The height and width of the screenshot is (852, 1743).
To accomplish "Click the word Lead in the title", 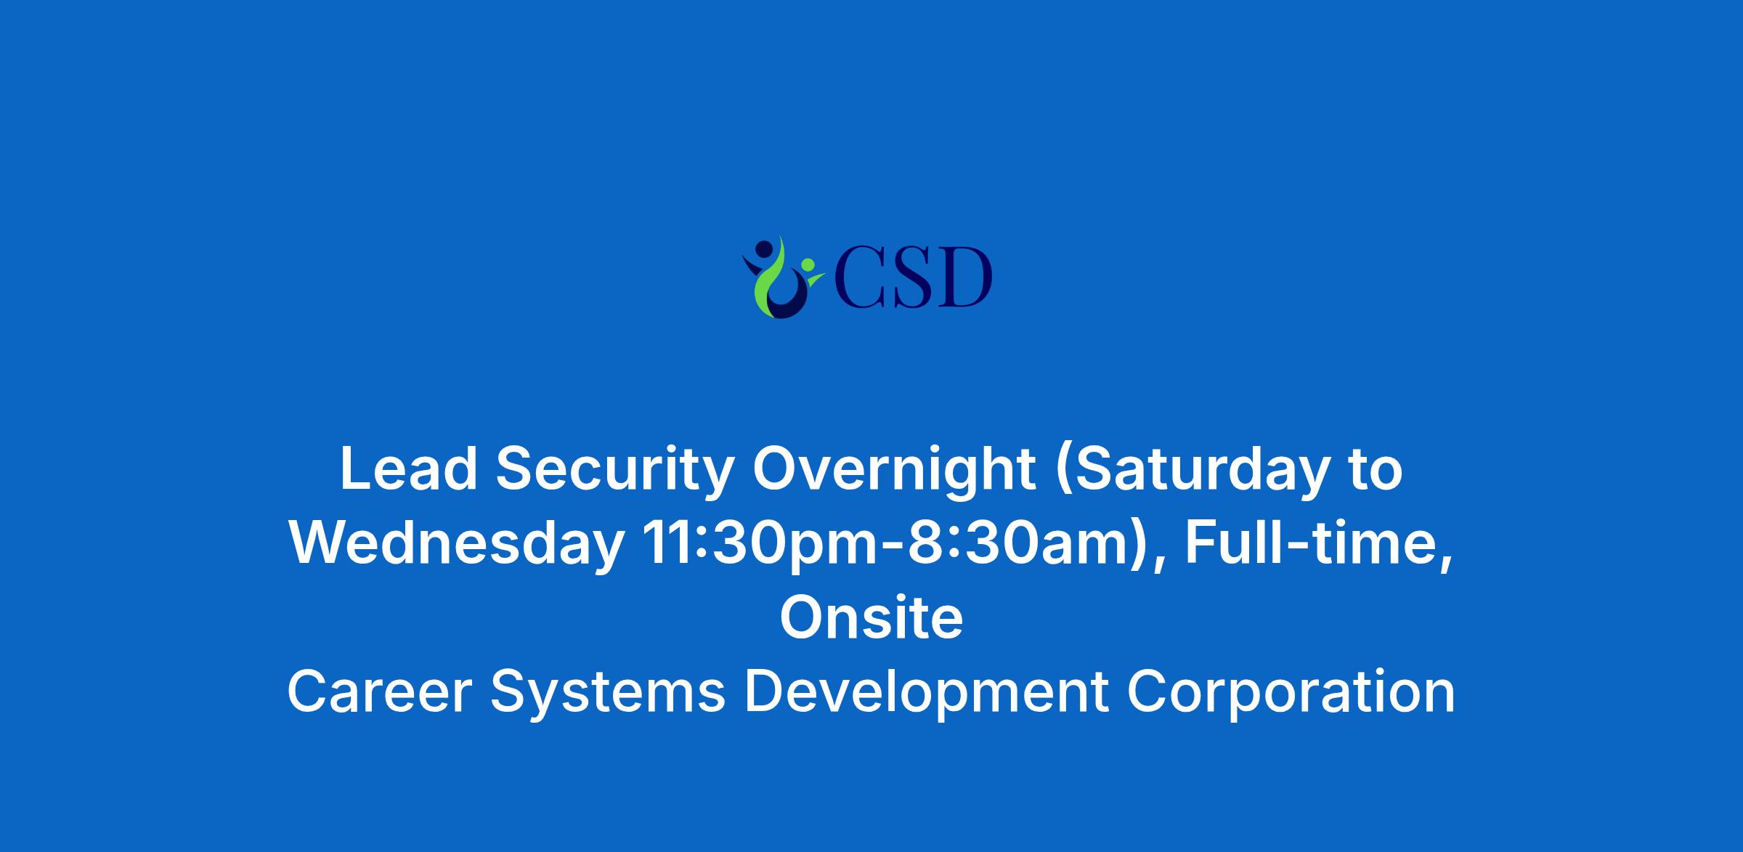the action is tap(408, 468).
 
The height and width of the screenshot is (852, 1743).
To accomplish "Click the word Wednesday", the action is tap(457, 545).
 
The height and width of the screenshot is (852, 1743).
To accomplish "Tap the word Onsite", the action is tap(871, 617).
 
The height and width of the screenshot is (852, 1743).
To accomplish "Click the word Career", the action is tap(380, 691).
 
